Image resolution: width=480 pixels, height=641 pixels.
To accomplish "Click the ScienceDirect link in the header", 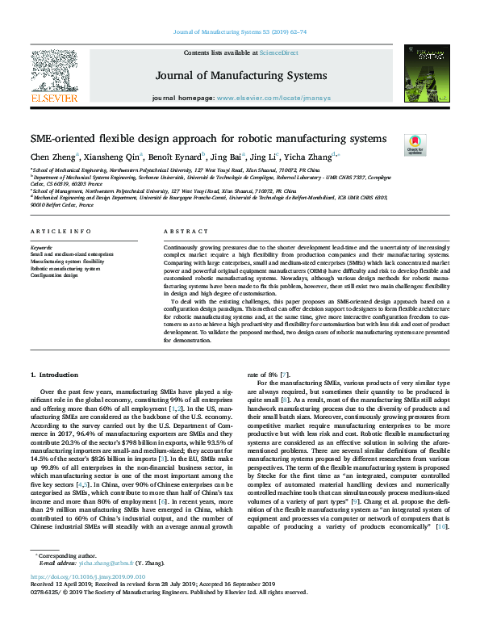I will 280,52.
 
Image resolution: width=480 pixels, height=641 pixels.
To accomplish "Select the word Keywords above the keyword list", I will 41,246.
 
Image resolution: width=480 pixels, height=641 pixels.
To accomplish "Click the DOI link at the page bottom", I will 87,601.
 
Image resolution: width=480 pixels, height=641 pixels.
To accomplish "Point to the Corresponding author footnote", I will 61,577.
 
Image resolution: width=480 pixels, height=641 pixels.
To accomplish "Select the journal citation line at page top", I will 240,33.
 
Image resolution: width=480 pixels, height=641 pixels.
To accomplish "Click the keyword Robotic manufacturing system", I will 65,269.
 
